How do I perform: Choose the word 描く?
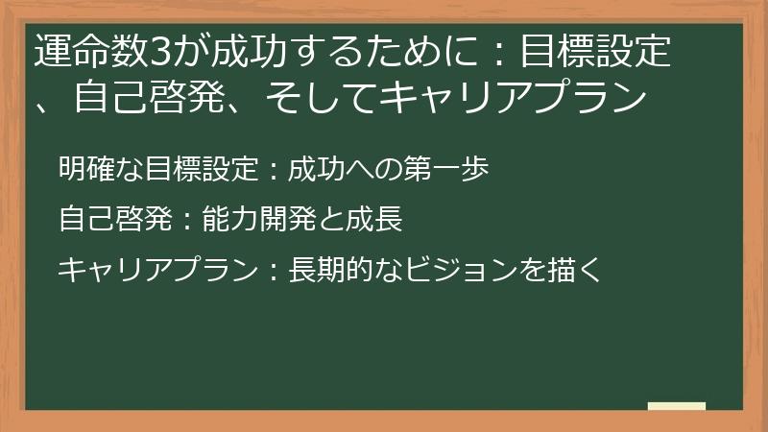coord(575,270)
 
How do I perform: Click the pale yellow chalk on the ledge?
coord(677,406)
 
